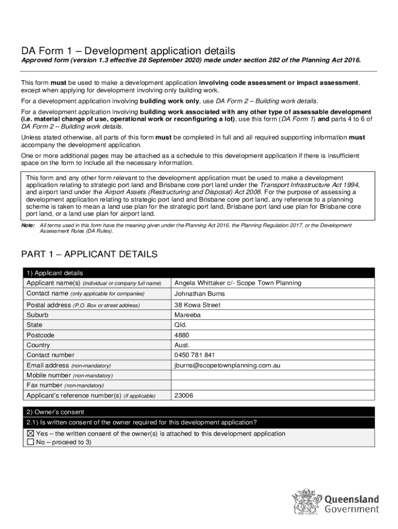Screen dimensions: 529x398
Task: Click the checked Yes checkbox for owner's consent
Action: coord(30,434)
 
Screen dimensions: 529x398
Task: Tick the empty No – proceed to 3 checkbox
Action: coord(30,443)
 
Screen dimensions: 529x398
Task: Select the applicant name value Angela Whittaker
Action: coord(238,283)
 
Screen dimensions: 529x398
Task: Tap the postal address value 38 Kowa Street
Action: coord(197,305)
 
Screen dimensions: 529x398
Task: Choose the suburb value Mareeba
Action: coord(188,315)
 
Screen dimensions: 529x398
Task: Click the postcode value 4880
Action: coord(182,335)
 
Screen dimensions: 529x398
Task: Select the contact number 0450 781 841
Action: coord(195,355)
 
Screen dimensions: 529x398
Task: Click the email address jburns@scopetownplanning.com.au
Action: coord(227,365)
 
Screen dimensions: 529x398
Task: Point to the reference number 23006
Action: coord(184,396)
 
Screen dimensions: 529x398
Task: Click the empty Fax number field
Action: coord(271,385)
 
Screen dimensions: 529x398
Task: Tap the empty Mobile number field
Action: coord(271,376)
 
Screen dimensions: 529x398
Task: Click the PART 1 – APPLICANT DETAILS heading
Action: coord(89,255)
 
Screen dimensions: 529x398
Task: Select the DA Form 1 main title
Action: coord(128,51)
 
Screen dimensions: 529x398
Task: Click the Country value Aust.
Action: coord(182,345)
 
